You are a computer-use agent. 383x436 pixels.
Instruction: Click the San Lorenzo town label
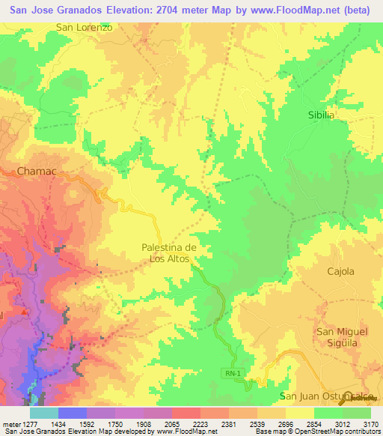point(84,27)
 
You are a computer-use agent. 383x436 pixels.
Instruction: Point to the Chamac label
point(37,172)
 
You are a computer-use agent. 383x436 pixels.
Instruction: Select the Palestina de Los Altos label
point(169,253)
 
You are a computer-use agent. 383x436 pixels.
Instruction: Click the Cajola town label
point(340,271)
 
